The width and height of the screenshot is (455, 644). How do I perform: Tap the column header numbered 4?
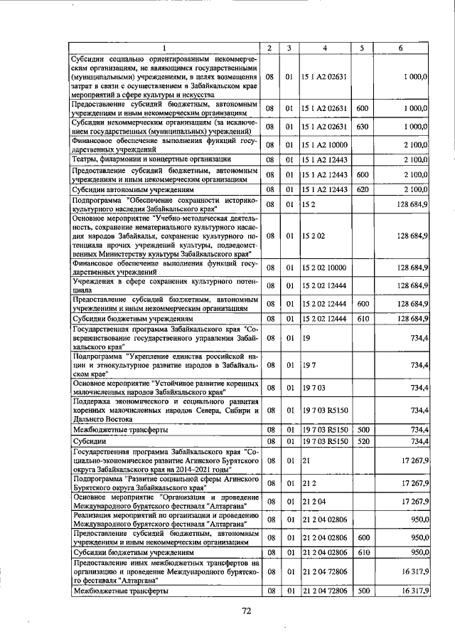pos(323,48)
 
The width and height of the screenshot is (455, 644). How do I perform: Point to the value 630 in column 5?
pos(362,127)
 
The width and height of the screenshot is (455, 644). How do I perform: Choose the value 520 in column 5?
pos(362,441)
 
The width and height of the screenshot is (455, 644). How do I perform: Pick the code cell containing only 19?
pos(306,339)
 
